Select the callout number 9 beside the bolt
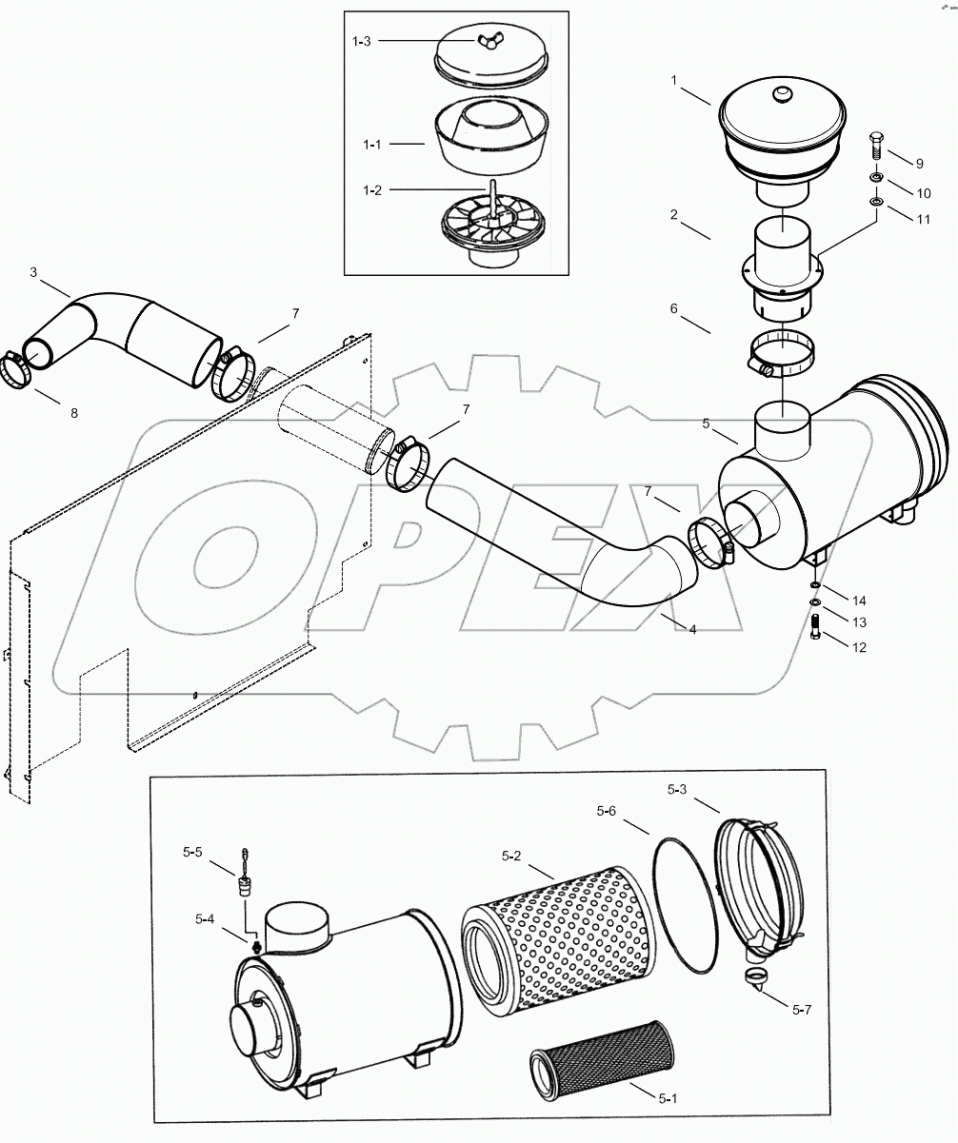920,164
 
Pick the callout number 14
859,601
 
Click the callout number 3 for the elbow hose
33,272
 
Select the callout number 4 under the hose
692,629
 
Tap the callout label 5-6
607,811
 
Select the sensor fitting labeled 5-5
244,886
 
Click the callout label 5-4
205,918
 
